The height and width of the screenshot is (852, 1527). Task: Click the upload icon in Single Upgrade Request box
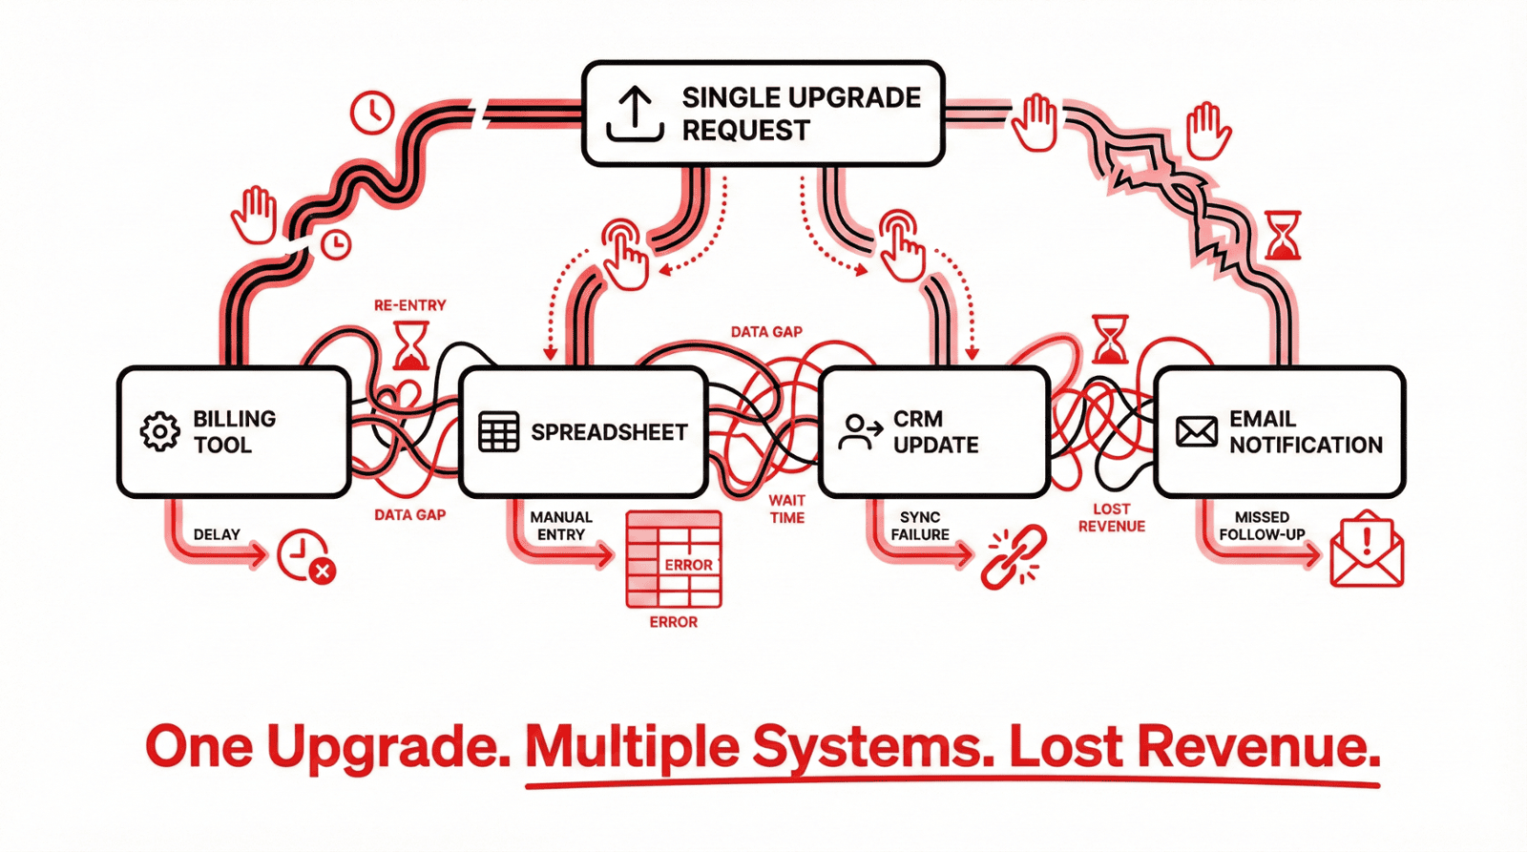(x=635, y=114)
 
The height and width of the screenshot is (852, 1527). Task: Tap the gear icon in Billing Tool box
(x=159, y=431)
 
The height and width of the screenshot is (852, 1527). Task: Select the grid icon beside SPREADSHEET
(x=498, y=432)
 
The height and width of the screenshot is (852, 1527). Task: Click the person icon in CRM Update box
(x=859, y=431)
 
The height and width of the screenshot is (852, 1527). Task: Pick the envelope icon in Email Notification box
(x=1196, y=432)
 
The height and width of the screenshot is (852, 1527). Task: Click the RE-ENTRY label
(x=409, y=305)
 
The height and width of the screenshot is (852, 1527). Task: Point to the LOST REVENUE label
(x=1111, y=517)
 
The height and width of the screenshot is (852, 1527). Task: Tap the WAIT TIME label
(x=786, y=509)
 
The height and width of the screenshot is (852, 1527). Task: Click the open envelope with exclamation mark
(x=1367, y=551)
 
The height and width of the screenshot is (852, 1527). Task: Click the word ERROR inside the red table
(x=688, y=565)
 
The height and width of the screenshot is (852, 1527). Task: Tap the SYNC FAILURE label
(x=919, y=526)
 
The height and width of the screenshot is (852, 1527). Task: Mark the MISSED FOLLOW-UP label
(x=1262, y=526)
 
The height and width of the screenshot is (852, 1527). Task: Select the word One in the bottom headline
(x=199, y=747)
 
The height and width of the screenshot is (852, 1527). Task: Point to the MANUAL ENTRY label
(x=561, y=526)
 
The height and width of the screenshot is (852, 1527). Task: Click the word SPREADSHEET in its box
(x=609, y=432)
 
